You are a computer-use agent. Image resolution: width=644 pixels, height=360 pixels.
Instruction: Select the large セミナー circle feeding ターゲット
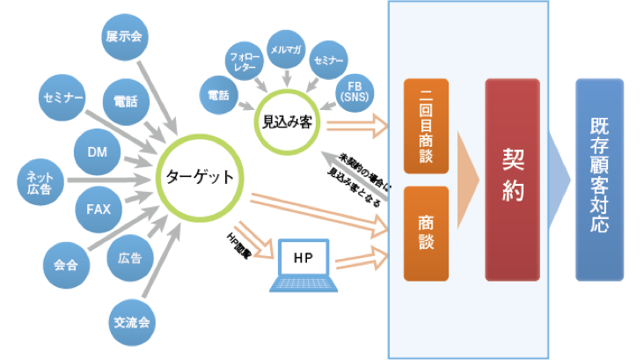click(62, 97)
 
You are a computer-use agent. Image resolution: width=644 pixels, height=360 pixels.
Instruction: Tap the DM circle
click(97, 152)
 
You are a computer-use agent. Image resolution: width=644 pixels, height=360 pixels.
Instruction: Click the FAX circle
click(98, 209)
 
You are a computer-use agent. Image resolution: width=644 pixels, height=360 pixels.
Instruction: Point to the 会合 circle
click(65, 263)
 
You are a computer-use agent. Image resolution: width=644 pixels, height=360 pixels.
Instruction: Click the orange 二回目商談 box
click(426, 125)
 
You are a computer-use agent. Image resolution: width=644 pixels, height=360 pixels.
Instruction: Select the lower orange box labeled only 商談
click(426, 232)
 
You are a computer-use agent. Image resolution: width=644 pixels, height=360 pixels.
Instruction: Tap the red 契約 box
click(512, 179)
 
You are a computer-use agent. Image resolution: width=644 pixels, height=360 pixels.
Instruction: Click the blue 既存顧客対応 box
click(599, 178)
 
